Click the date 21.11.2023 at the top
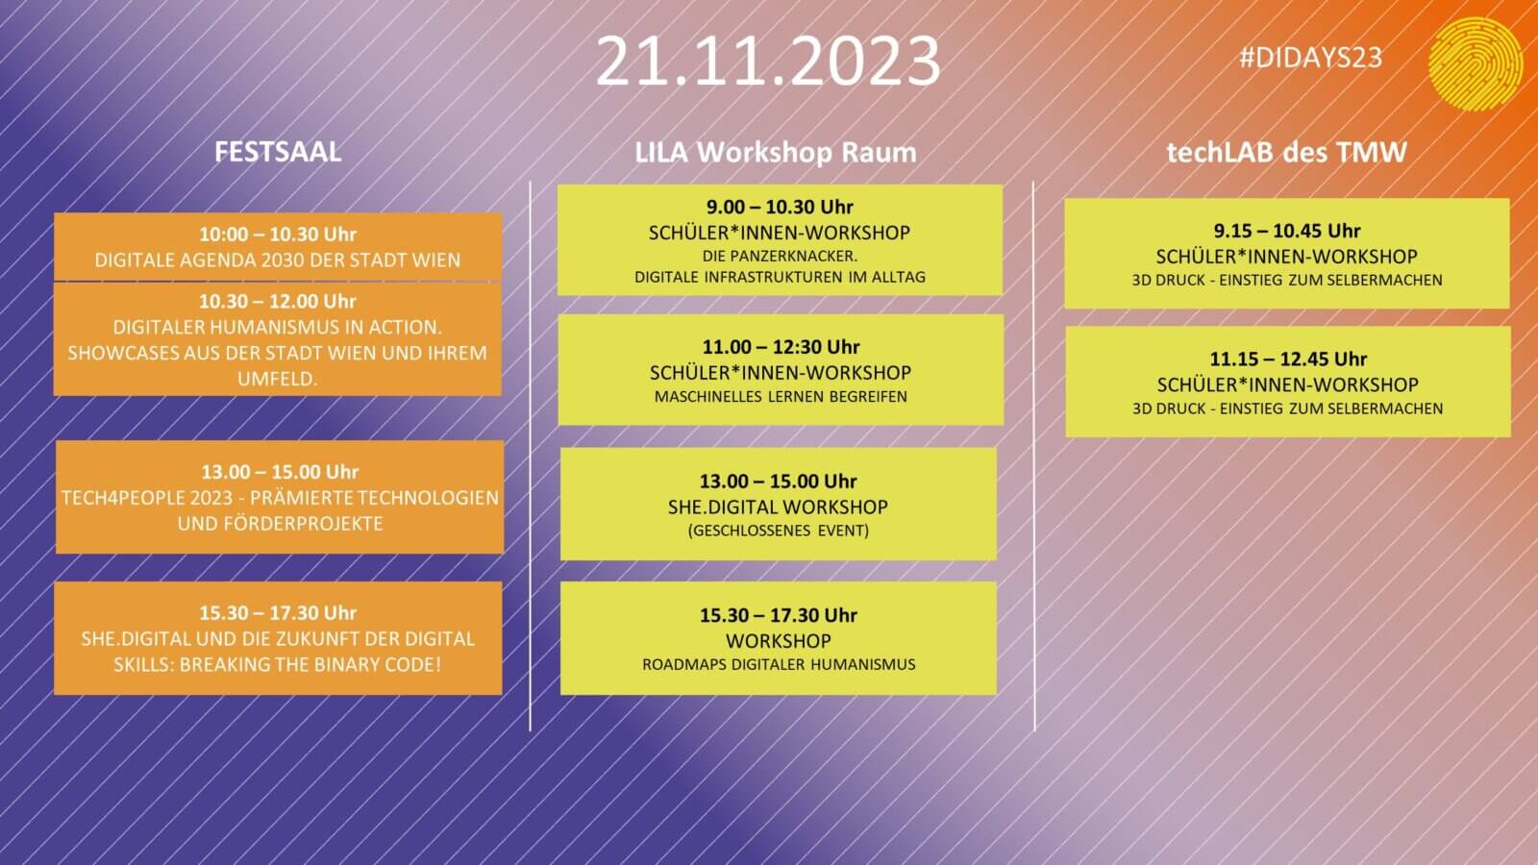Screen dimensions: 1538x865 (x=768, y=62)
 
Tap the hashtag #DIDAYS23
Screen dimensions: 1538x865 (x=1310, y=58)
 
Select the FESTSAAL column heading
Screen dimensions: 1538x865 (x=278, y=152)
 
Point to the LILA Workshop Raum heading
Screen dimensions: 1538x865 (x=775, y=153)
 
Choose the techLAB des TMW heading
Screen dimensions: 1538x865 (x=1287, y=152)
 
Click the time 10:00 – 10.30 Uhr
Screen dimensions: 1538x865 (x=278, y=235)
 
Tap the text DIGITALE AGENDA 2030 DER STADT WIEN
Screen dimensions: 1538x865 (x=278, y=260)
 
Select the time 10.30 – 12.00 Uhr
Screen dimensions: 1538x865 (x=278, y=301)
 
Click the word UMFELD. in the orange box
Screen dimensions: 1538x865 (x=278, y=379)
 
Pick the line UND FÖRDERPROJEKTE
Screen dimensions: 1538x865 (x=280, y=524)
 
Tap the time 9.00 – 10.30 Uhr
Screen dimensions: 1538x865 (x=780, y=207)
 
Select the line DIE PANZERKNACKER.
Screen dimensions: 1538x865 (x=780, y=256)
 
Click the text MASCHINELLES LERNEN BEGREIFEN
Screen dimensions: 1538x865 (x=781, y=397)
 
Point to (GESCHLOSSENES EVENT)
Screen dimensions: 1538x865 (x=778, y=531)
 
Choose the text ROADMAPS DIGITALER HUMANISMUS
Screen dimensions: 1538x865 (x=779, y=664)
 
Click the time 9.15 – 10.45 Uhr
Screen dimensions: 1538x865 (x=1287, y=231)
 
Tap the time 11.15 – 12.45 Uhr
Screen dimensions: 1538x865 (x=1288, y=359)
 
